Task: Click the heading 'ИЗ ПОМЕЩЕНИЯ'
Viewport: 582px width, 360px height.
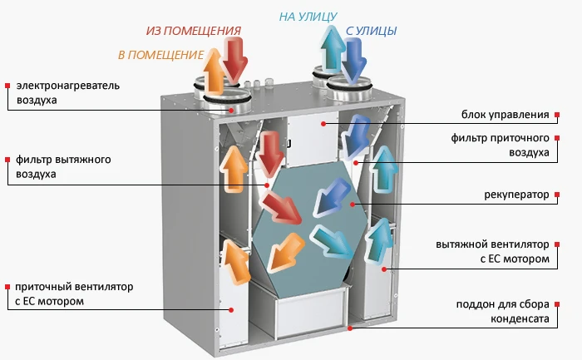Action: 194,31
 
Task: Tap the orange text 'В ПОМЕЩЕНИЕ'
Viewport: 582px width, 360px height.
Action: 161,55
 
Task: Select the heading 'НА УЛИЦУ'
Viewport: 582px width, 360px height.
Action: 308,15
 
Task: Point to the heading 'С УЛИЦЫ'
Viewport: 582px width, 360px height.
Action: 370,32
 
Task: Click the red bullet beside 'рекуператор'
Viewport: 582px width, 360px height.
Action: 555,195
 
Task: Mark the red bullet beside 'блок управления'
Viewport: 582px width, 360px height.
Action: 555,114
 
